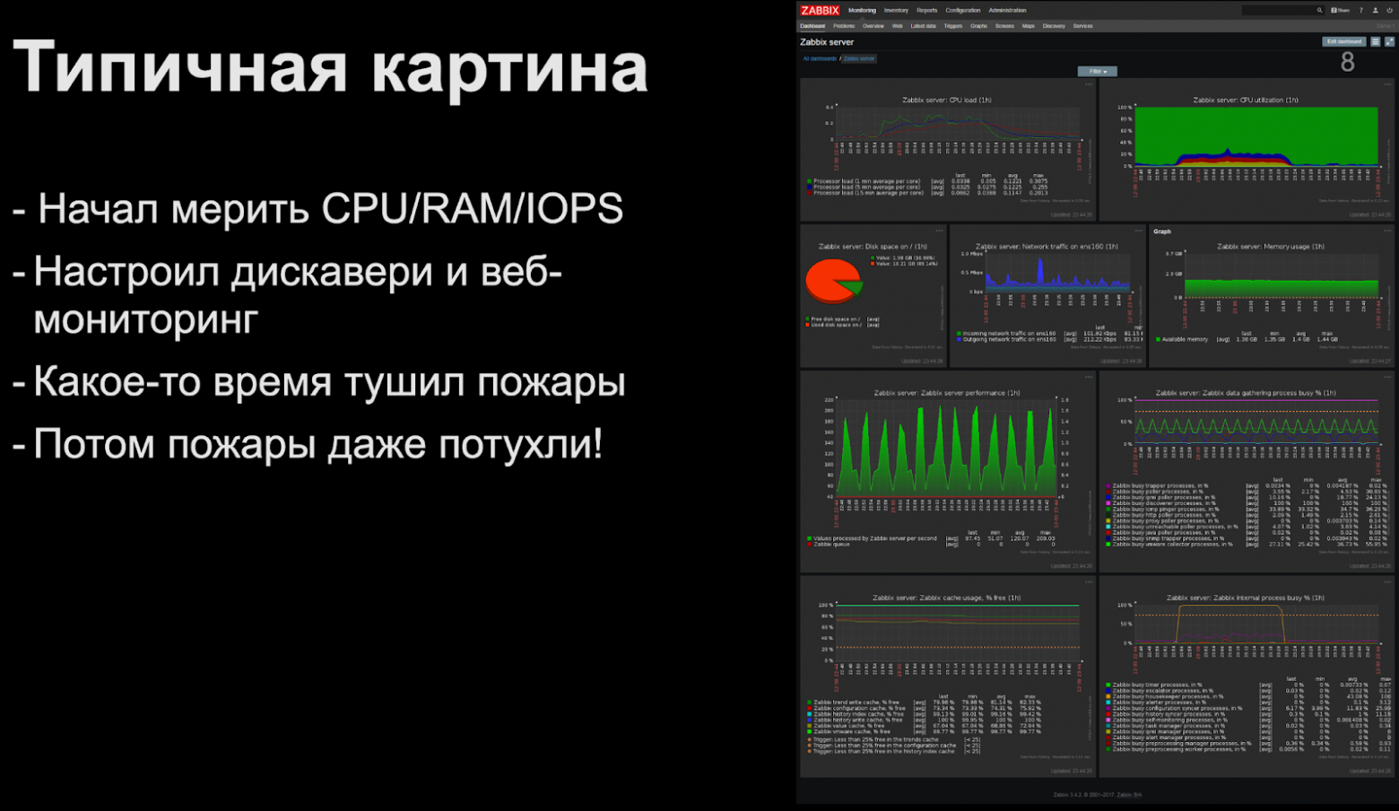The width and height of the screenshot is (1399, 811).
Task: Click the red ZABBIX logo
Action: (820, 11)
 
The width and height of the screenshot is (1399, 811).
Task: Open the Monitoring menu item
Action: (862, 11)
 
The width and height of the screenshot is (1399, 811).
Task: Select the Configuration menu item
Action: (962, 11)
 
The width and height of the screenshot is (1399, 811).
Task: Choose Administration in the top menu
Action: (1007, 11)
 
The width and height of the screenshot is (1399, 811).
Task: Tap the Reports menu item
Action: (926, 11)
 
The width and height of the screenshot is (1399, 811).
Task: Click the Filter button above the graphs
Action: (1097, 72)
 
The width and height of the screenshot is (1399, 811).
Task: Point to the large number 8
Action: (1347, 62)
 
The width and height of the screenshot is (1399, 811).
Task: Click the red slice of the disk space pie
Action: (830, 280)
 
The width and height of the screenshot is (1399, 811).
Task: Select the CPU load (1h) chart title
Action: (946, 100)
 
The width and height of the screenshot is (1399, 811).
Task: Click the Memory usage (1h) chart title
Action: (1270, 246)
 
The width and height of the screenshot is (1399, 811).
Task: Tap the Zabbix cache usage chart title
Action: (946, 597)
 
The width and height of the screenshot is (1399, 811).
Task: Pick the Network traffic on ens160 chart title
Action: (1047, 246)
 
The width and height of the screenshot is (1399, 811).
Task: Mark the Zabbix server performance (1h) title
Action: (946, 393)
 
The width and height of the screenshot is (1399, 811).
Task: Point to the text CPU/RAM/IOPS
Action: (472, 209)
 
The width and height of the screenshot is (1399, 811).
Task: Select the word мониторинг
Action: (146, 319)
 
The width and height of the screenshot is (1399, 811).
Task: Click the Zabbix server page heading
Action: (827, 42)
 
